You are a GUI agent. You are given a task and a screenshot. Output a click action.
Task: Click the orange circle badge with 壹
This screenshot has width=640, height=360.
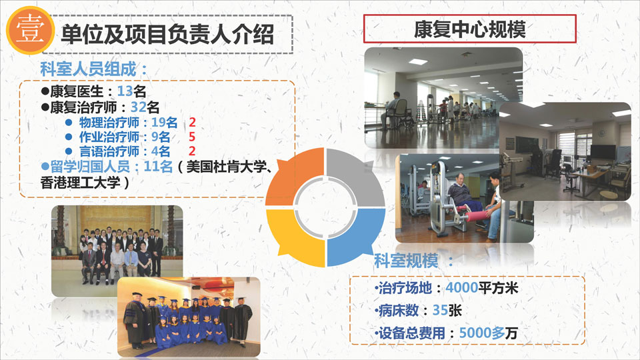[x=30, y=30]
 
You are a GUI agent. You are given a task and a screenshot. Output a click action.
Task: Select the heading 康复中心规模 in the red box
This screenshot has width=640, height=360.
[x=469, y=29]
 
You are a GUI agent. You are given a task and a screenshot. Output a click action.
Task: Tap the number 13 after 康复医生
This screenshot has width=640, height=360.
[x=125, y=91]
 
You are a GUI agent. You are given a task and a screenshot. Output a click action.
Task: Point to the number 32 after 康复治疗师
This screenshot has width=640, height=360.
[x=139, y=107]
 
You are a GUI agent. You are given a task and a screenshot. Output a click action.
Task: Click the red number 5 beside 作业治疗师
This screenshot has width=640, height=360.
[x=192, y=137]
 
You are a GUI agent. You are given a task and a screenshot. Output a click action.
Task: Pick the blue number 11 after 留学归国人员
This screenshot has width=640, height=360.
[x=151, y=166]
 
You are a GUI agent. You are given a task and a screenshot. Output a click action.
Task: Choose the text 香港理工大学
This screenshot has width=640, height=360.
[x=81, y=183]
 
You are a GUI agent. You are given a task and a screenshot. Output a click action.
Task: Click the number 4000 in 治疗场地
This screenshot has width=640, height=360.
[x=461, y=288]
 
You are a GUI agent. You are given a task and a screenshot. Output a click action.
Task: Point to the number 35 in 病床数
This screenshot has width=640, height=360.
[x=440, y=310]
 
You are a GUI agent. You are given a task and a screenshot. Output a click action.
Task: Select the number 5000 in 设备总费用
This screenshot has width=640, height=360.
[x=475, y=333]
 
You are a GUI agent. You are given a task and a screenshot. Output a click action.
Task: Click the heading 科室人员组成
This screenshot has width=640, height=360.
[x=89, y=69]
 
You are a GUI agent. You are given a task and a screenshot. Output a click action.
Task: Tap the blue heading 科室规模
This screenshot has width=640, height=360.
[x=406, y=261]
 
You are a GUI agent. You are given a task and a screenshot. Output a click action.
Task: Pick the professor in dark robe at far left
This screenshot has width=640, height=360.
[x=135, y=321]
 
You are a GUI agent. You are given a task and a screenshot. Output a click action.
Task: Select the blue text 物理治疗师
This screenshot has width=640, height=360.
[x=109, y=122]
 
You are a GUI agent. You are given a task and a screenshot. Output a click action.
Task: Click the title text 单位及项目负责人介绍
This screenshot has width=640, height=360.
[x=167, y=34]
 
